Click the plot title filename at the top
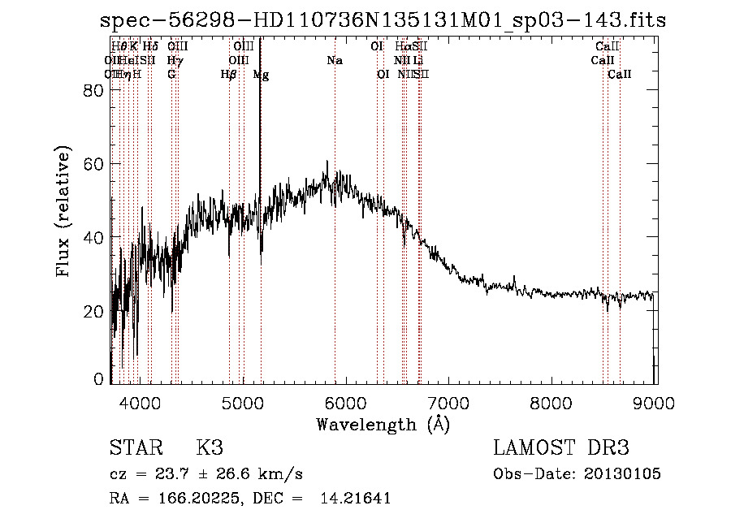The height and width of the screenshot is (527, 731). click(383, 20)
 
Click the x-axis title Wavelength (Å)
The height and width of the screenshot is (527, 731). click(383, 424)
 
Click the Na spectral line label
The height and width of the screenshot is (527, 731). click(335, 61)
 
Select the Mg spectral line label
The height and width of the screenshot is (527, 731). click(261, 75)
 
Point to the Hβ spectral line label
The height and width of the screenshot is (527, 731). click(228, 75)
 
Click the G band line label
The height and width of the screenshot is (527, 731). click(171, 75)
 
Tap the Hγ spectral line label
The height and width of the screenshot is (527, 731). click(175, 61)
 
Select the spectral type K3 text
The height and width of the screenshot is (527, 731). click(209, 448)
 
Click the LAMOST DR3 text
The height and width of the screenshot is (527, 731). click(561, 448)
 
